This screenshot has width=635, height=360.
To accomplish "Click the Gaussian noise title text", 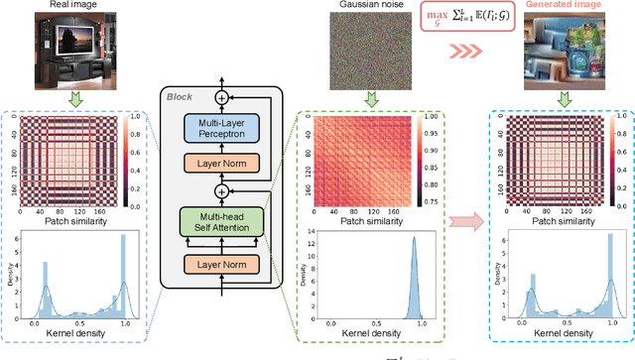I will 369,8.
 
